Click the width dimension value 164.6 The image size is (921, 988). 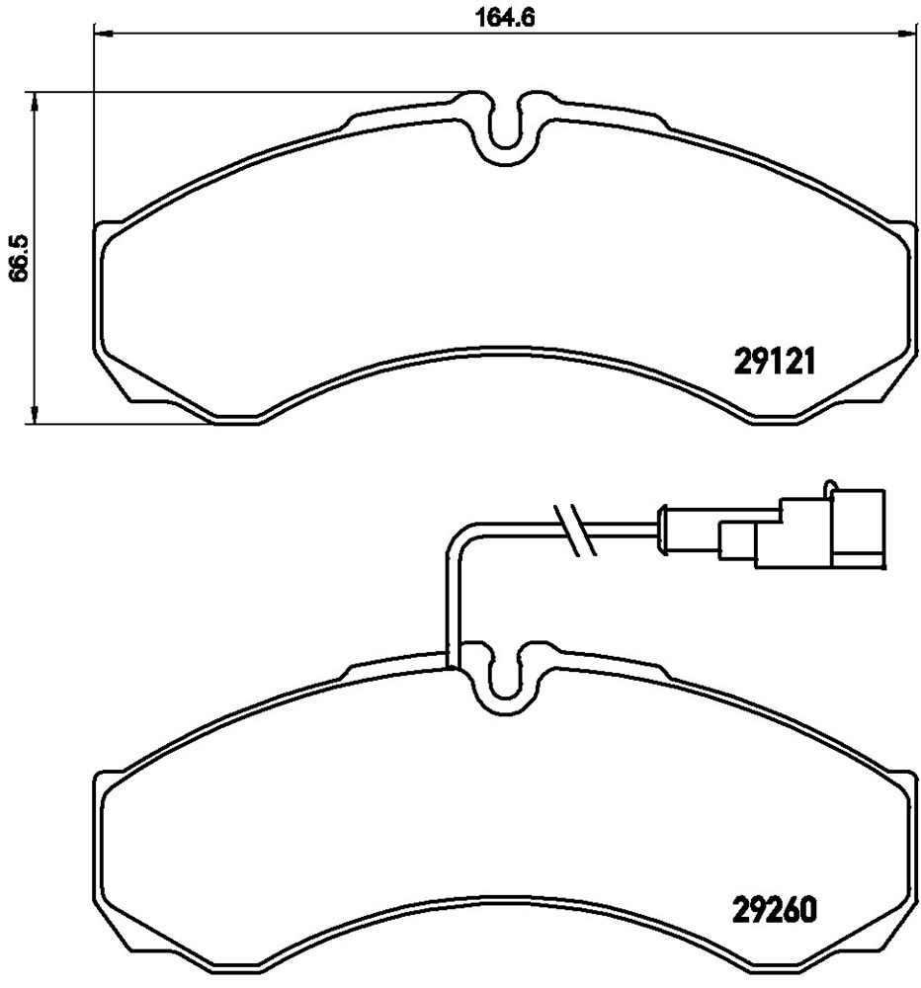pyautogui.click(x=504, y=17)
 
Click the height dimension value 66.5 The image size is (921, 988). pyautogui.click(x=20, y=258)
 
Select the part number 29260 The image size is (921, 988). pyautogui.click(x=775, y=909)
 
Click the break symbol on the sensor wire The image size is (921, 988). pyautogui.click(x=574, y=530)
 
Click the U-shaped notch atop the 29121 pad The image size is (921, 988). pyautogui.click(x=503, y=127)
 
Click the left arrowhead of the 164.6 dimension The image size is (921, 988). pyautogui.click(x=102, y=33)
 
